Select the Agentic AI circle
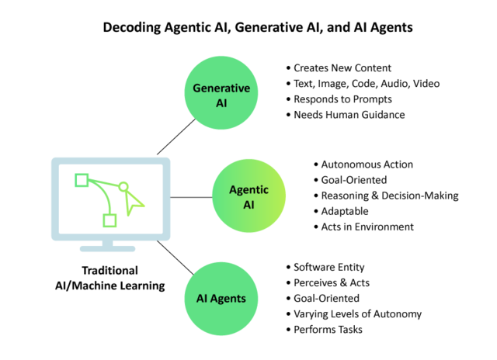point(249,196)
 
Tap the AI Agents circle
point(221,299)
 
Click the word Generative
point(221,88)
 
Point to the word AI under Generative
point(221,103)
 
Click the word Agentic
point(248,189)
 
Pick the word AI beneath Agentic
point(248,205)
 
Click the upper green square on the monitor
point(82,180)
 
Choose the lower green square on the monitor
point(109,220)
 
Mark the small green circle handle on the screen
point(123,186)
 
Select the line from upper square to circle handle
point(103,182)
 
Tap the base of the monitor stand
point(108,248)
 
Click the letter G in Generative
point(196,88)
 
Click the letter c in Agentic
point(266,189)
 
